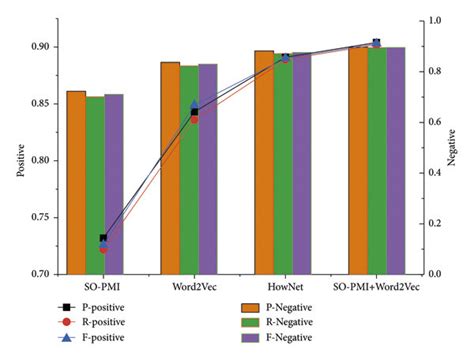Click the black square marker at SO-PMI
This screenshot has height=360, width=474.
[x=104, y=238]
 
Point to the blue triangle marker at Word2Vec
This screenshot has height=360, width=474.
[x=195, y=104]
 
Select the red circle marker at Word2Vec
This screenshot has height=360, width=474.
[x=194, y=119]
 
